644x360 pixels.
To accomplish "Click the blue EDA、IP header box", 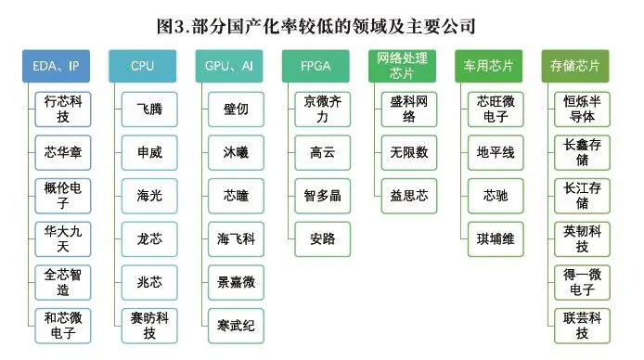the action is tap(58, 66).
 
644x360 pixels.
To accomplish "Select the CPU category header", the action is tap(142, 66).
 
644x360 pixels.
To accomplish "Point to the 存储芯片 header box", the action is tap(575, 66).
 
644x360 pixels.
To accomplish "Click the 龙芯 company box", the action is tap(148, 238).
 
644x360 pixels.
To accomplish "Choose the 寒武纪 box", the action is tap(236, 325).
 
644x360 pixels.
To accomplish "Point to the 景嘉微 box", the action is tap(236, 282).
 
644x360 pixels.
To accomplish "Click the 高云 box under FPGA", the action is tap(322, 152).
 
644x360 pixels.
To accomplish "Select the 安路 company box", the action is tap(322, 238).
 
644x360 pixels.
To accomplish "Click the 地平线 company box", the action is tap(496, 152).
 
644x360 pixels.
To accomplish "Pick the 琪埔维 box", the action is tap(496, 238).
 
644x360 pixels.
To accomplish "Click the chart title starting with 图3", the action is tap(322, 24).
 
